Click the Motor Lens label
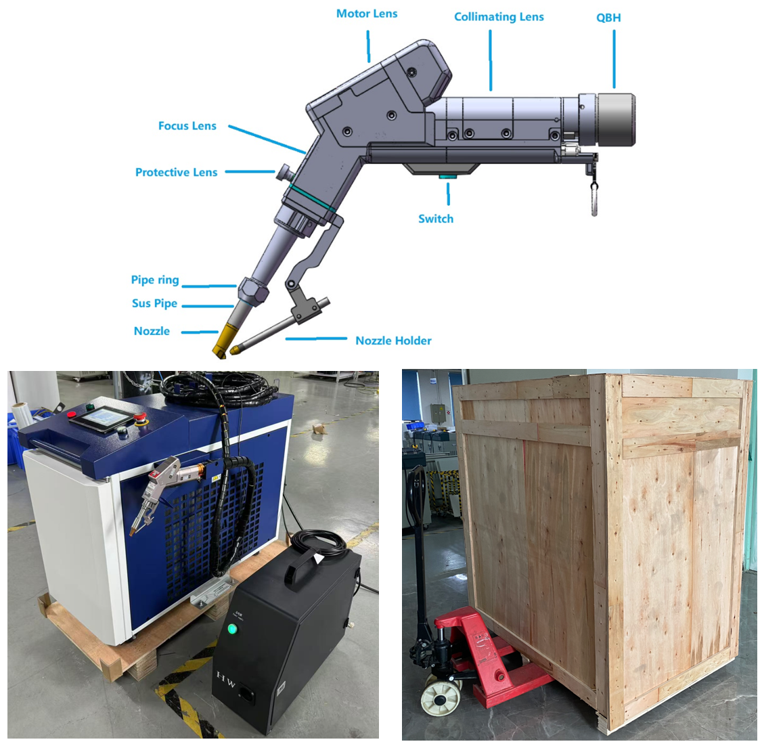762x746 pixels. pos(367,14)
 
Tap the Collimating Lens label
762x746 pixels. pos(499,17)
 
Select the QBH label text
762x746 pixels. pos(608,18)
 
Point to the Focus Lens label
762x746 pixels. pos(187,126)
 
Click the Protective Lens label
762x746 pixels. pos(177,173)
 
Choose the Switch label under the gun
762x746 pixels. pos(436,219)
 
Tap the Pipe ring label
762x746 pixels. pos(155,280)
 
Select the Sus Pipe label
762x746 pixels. pos(154,303)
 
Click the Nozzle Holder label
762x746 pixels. pos(394,341)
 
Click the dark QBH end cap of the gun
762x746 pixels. pos(617,119)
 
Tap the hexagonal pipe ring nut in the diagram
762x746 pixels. pos(252,290)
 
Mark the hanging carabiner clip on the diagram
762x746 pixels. pos(594,198)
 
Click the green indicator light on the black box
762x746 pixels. pos(232,630)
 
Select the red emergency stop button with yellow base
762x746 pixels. pos(142,418)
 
